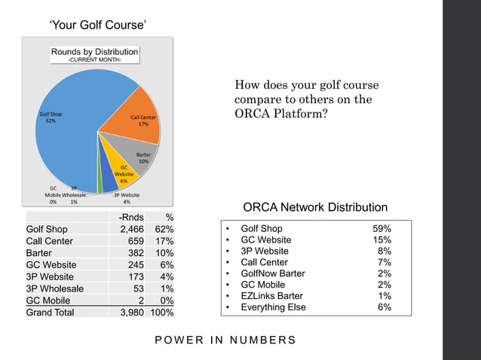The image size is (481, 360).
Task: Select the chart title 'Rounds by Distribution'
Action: pos(94,52)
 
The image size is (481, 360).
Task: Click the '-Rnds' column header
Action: pos(132,218)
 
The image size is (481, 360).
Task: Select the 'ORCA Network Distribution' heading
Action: pos(315,207)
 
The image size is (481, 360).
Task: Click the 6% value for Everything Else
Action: pos(384,307)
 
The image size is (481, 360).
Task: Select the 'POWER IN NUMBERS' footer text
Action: pos(225,340)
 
